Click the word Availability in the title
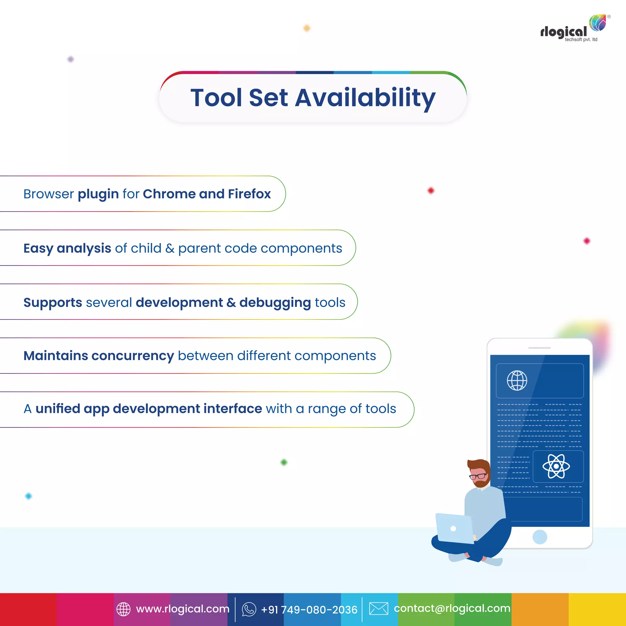point(365,98)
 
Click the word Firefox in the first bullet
point(249,194)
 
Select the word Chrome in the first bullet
point(169,194)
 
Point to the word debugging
point(275,303)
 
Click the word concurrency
point(133,356)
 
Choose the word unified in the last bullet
point(58,409)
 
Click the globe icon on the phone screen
point(517,380)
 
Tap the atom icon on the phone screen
point(556,466)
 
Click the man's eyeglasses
point(478,476)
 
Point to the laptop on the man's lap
point(454,528)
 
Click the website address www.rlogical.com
point(183,609)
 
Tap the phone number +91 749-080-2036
point(309,609)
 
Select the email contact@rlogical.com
point(452,608)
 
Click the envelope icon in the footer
point(378,609)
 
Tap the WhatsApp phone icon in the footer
point(249,609)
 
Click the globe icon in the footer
point(123,609)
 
